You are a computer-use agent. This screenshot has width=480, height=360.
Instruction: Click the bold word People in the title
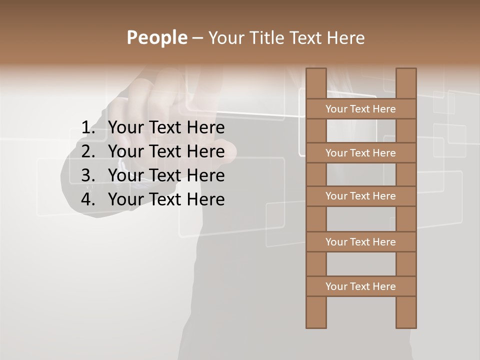click(x=156, y=37)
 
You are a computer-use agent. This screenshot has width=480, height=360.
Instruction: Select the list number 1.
click(x=87, y=128)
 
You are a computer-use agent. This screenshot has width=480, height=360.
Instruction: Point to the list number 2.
click(x=87, y=151)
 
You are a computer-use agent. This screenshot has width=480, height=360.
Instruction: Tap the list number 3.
click(x=87, y=175)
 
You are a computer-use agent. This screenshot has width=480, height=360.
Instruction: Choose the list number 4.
click(x=87, y=199)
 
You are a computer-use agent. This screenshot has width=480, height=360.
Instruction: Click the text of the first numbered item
click(x=166, y=128)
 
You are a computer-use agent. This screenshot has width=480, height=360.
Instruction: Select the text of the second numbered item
click(x=166, y=151)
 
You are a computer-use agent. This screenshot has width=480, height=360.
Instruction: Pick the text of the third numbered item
click(x=166, y=175)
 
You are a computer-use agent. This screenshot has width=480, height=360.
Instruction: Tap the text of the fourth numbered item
click(x=166, y=199)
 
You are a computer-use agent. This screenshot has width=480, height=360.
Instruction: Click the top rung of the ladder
click(x=360, y=109)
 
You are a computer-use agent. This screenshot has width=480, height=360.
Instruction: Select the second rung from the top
click(x=360, y=153)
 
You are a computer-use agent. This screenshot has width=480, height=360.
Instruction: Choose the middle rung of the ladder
click(x=360, y=196)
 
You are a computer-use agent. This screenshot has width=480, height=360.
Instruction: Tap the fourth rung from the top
click(x=360, y=242)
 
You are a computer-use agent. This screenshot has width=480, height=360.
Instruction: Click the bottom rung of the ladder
click(x=360, y=286)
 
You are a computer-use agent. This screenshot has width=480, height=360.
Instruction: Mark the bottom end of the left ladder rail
click(x=316, y=325)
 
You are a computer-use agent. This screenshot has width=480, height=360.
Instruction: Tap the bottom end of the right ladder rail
click(x=406, y=325)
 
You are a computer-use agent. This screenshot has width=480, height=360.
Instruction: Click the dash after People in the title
click(x=197, y=38)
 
